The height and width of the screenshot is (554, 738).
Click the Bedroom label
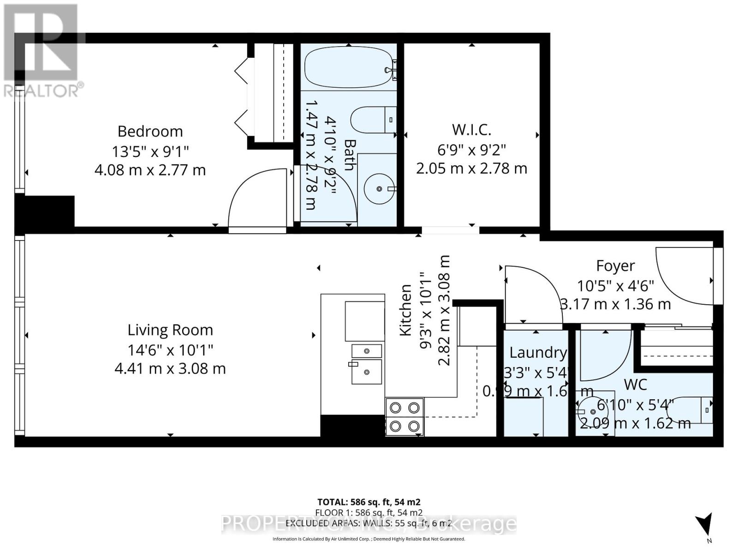(x=150, y=132)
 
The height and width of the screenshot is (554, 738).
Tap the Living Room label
(x=170, y=330)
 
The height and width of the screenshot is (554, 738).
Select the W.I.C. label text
(x=471, y=130)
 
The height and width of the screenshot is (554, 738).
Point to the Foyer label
(x=615, y=266)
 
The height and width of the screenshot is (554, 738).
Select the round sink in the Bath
(x=379, y=188)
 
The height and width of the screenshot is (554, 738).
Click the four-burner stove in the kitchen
(x=405, y=417)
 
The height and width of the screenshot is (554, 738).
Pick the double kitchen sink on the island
(x=367, y=364)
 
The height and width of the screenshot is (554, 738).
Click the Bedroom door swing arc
(x=258, y=199)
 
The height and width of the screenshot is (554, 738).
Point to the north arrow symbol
(x=705, y=526)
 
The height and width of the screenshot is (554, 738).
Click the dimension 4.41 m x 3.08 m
(x=170, y=369)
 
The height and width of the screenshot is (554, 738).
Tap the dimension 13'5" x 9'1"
(x=150, y=151)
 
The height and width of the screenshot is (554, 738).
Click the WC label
(x=635, y=385)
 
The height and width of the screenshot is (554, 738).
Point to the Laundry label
(x=538, y=353)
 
